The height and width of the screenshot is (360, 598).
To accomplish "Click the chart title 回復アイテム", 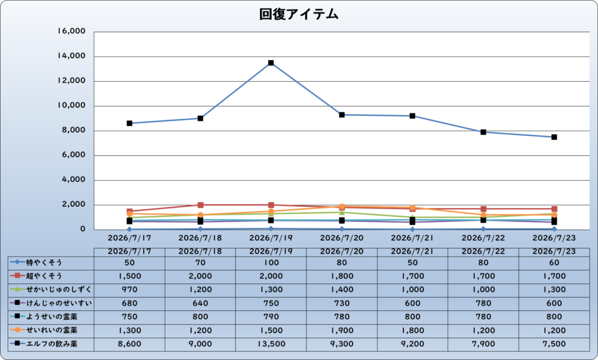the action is click(x=298, y=15).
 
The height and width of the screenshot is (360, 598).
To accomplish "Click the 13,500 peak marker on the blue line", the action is click(x=271, y=63).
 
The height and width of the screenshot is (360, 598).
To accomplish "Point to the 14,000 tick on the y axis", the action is click(x=71, y=56).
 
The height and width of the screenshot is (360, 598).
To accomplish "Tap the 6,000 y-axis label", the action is click(x=74, y=155).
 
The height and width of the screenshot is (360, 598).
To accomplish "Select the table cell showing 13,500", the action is click(x=271, y=344).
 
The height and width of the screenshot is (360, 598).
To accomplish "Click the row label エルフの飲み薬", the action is click(x=51, y=344).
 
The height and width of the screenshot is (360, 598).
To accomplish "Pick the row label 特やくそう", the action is click(x=44, y=262).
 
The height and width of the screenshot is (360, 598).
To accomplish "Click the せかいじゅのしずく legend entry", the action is click(x=51, y=289).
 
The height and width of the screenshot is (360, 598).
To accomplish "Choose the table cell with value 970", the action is click(x=130, y=290).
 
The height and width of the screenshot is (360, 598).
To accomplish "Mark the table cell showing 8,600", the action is click(x=130, y=344).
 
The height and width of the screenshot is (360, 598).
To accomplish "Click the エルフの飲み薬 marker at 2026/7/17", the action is click(x=130, y=123).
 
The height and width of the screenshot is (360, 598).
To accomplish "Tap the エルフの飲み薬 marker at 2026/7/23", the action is click(x=554, y=137).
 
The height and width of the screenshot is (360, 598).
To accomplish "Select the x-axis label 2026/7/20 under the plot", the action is click(x=342, y=238).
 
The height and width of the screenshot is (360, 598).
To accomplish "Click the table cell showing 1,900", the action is click(x=342, y=331).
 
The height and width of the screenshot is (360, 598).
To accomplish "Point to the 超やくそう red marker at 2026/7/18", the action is click(x=201, y=205).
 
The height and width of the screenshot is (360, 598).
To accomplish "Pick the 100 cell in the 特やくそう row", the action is click(x=271, y=262).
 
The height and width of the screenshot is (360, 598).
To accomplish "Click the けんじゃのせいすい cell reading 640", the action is click(x=200, y=303).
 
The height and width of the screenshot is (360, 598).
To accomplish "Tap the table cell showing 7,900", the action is click(x=483, y=344).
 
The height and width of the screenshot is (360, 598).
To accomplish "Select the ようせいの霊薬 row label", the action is click(x=51, y=317).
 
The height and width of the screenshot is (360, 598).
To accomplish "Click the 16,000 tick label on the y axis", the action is click(x=71, y=32).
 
